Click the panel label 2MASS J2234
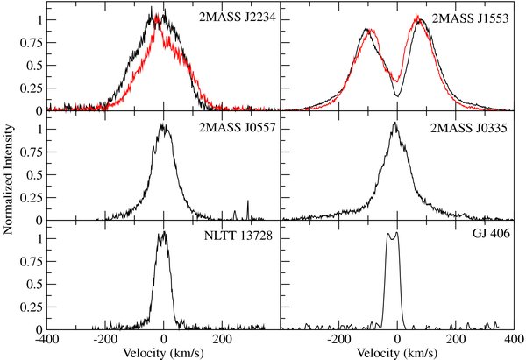click(238, 17)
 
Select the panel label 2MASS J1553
click(470, 18)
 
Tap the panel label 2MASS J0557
click(238, 127)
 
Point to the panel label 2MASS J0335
click(469, 128)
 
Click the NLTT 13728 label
click(238, 236)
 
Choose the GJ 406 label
click(491, 233)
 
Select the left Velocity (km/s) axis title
click(163, 353)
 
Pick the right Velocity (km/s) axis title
click(397, 353)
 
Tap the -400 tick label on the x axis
click(47, 339)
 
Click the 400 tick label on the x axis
click(515, 339)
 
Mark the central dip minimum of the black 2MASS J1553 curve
click(397, 96)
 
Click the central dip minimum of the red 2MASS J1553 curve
click(397, 81)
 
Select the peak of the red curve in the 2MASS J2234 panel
click(157, 16)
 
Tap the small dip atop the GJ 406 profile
click(392, 238)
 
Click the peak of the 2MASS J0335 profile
click(394, 123)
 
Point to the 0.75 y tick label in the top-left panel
click(31, 42)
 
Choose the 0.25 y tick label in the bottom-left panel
click(31, 307)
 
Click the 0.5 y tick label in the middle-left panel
click(34, 175)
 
